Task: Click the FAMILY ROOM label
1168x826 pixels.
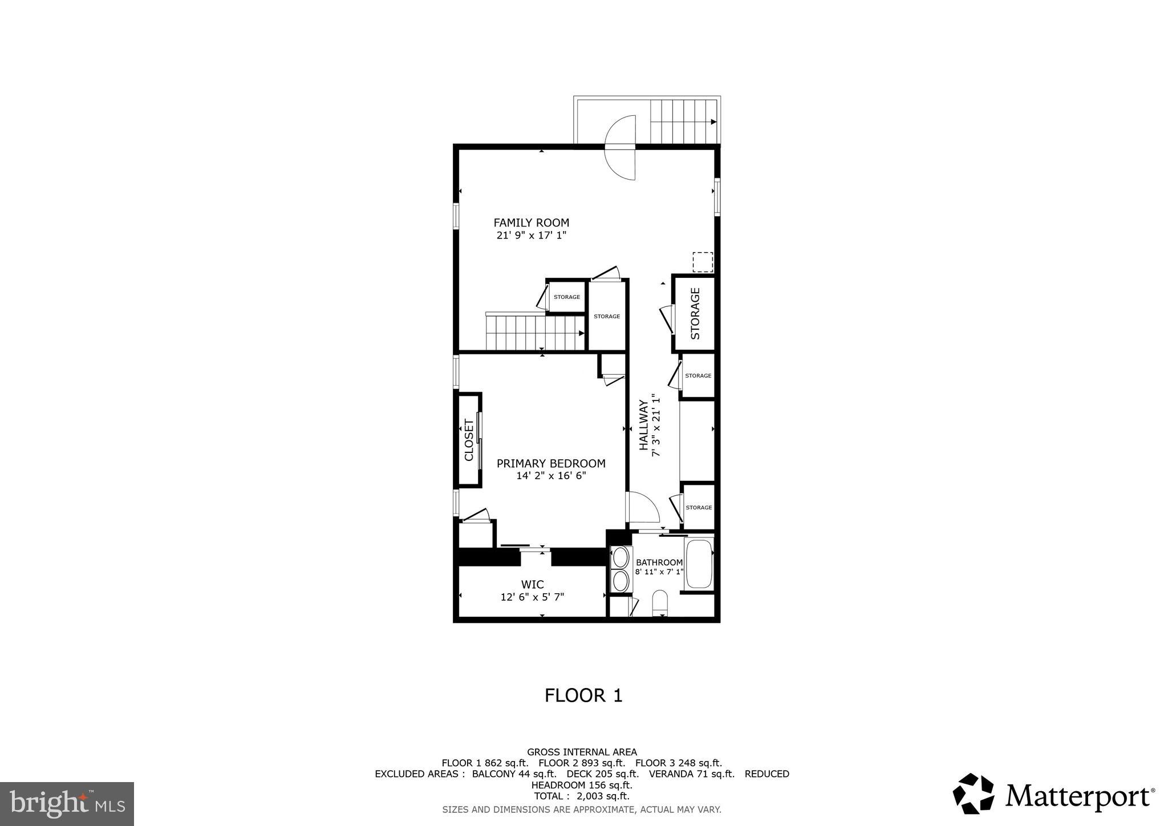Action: [531, 223]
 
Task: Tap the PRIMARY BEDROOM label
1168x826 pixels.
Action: [551, 464]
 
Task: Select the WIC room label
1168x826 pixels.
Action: [532, 585]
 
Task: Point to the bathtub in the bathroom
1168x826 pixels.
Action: [699, 565]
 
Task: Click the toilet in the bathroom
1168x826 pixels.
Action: [660, 602]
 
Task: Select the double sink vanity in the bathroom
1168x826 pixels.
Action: [620, 569]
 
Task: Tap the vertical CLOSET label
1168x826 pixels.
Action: [469, 440]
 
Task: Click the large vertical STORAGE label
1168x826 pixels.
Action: [695, 313]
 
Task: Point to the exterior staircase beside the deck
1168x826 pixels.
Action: [683, 122]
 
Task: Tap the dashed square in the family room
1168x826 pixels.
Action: [703, 262]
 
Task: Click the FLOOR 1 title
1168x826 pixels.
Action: [583, 695]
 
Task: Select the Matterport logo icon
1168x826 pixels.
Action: [974, 793]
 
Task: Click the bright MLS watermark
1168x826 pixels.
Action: [67, 804]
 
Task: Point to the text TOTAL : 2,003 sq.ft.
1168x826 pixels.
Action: [581, 796]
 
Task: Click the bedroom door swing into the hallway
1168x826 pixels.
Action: [643, 508]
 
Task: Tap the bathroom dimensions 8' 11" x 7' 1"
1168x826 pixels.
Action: [659, 572]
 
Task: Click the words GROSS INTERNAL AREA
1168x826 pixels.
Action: [582, 752]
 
